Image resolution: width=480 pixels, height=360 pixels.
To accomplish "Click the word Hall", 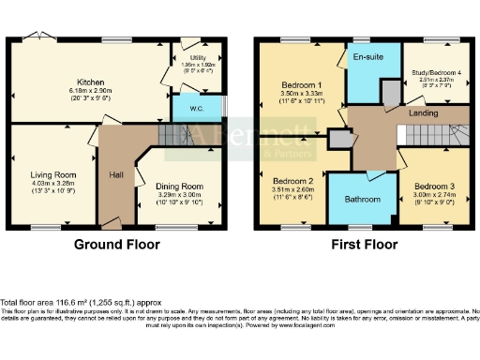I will click(x=117, y=175).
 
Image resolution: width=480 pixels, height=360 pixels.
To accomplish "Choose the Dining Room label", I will click(x=179, y=187).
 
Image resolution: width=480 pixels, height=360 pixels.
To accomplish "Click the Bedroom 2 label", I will click(x=292, y=180).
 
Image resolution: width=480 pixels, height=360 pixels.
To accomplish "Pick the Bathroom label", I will click(x=363, y=199).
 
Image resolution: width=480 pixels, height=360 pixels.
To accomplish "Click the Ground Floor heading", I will click(x=117, y=244).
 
